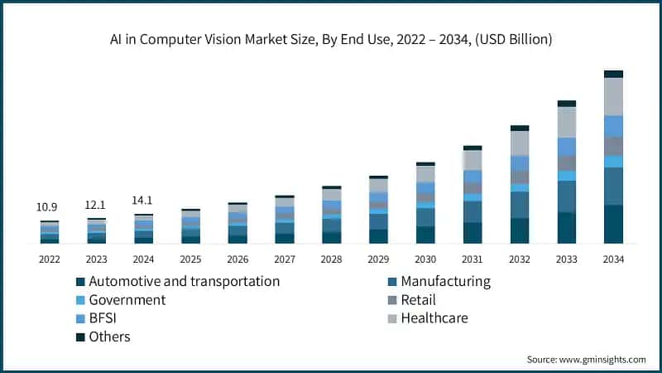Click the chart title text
point(331,39)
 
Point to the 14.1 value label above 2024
point(144,200)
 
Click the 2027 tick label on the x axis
point(285,259)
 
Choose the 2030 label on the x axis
point(425,259)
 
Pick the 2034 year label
point(613,259)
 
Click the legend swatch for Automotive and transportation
point(80,282)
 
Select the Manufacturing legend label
point(445,282)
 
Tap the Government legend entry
point(127,300)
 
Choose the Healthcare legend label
point(434,318)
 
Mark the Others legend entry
point(109,337)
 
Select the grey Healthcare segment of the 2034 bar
point(613,96)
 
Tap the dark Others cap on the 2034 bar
point(613,74)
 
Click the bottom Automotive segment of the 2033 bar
point(567,228)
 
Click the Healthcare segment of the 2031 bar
point(473,160)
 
